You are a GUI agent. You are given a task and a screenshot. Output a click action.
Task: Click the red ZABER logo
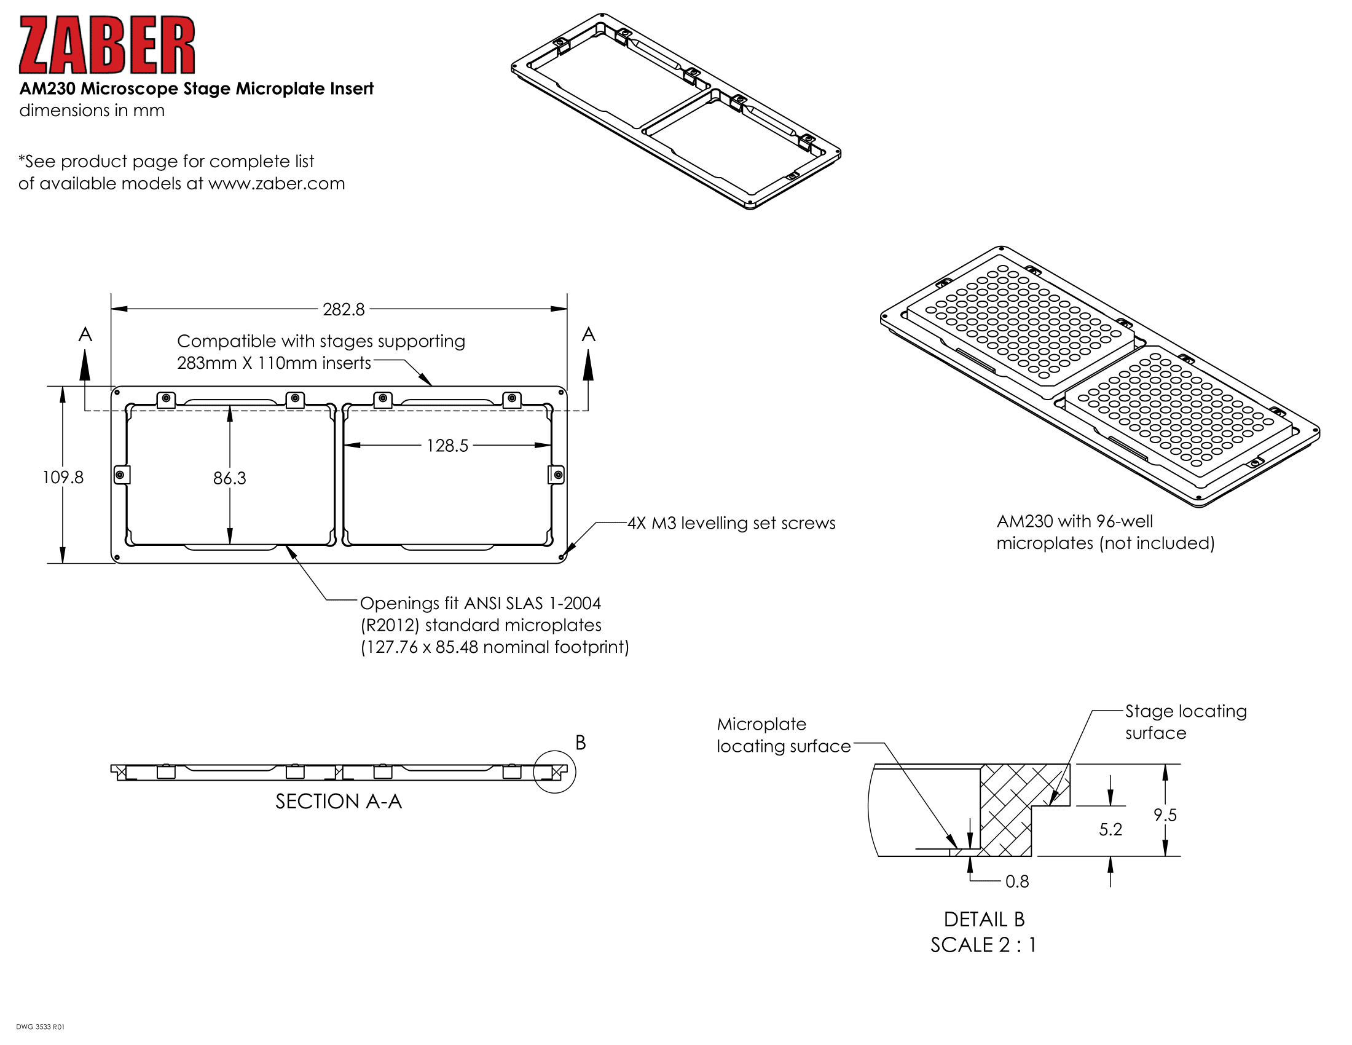click(106, 45)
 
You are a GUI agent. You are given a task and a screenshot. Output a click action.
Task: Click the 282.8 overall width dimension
click(344, 309)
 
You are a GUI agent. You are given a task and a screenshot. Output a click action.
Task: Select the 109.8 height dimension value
click(63, 477)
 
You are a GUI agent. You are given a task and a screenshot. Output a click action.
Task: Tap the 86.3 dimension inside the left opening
click(230, 478)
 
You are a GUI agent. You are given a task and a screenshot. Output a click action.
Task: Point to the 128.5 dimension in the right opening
click(447, 446)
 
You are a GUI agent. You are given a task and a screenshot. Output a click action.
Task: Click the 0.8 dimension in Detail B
click(1016, 881)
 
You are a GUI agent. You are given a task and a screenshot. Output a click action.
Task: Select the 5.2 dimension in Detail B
click(1110, 830)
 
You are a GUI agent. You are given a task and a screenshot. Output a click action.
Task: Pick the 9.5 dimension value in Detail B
click(1165, 815)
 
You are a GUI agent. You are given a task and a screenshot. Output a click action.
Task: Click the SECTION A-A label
click(339, 802)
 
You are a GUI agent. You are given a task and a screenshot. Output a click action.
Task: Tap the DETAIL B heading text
click(984, 920)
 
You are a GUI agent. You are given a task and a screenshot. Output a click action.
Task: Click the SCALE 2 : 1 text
click(983, 945)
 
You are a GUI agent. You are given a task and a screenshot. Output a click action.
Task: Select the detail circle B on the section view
click(555, 772)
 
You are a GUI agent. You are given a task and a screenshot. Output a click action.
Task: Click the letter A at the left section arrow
click(85, 335)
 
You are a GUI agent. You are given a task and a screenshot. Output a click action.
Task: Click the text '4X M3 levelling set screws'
click(731, 523)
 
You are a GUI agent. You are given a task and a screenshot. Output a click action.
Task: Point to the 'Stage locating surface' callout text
click(1185, 722)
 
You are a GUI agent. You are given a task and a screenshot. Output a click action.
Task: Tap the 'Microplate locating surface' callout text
click(783, 735)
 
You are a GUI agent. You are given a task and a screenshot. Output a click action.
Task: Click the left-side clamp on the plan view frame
click(122, 475)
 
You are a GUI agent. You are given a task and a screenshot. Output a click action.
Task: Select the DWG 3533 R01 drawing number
click(40, 1027)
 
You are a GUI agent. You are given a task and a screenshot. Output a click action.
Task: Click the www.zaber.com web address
click(276, 184)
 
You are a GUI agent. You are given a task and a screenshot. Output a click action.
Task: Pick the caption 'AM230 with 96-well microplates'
click(1105, 532)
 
